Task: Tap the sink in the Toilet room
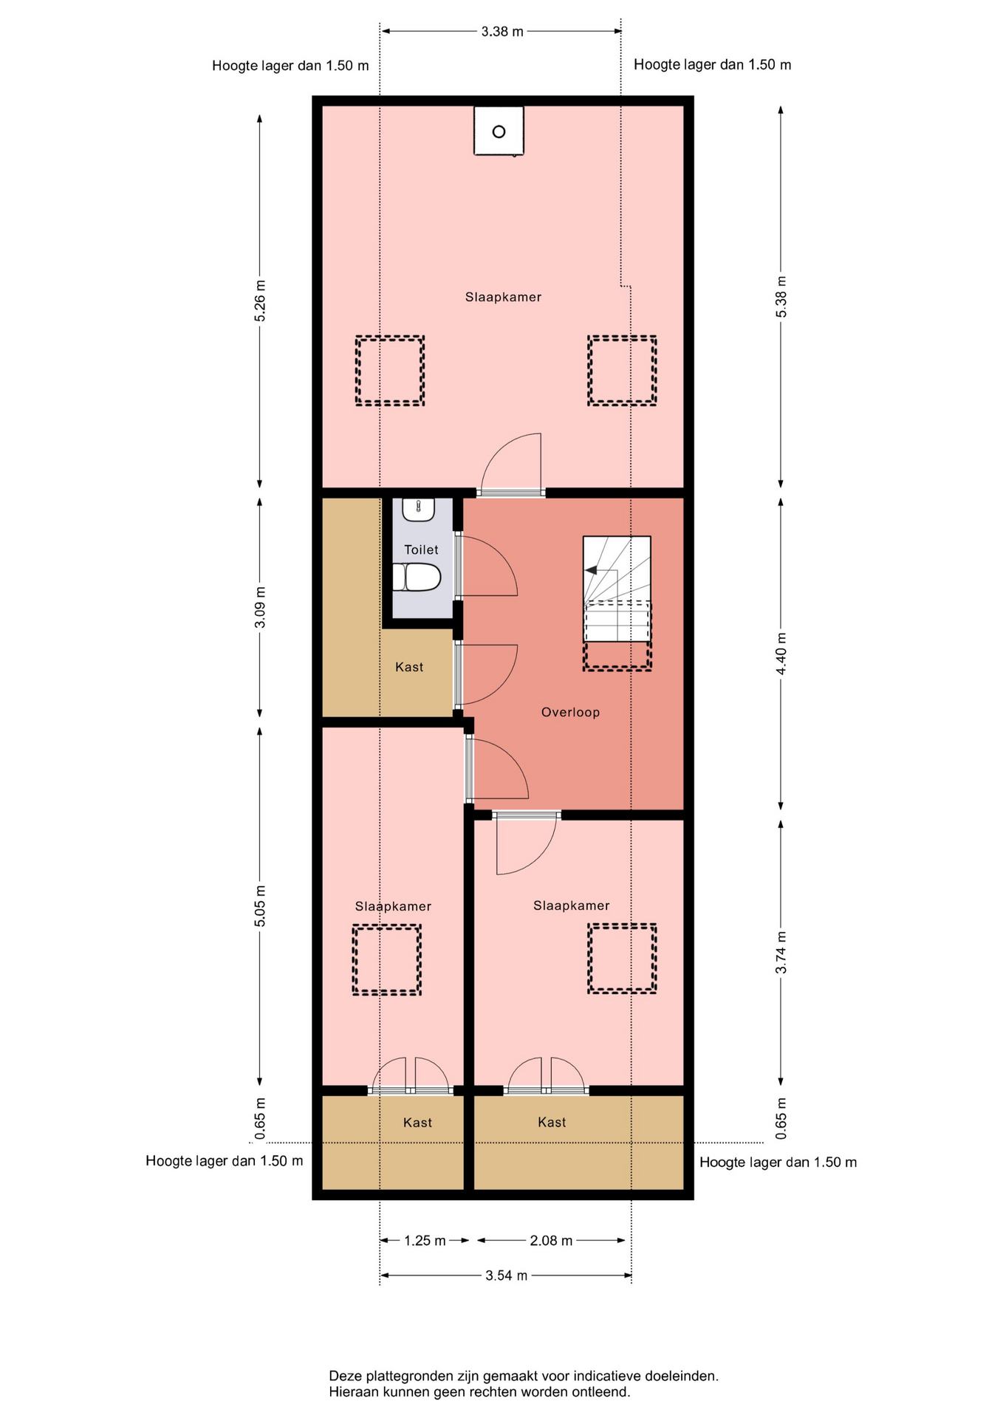click(x=419, y=510)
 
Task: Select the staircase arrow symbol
click(x=591, y=570)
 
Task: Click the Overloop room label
click(x=570, y=713)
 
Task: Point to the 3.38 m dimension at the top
click(x=502, y=31)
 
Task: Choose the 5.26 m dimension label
click(x=260, y=301)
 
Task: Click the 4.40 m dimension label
click(x=781, y=653)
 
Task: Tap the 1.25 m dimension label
click(x=425, y=1241)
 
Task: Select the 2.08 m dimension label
click(x=551, y=1241)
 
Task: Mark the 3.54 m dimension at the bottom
click(x=507, y=1275)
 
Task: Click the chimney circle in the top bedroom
click(x=499, y=132)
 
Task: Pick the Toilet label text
click(x=421, y=549)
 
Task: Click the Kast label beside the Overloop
click(x=409, y=667)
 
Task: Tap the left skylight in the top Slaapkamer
click(x=390, y=371)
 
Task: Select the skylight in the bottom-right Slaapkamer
click(x=622, y=959)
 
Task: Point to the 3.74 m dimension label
click(x=781, y=953)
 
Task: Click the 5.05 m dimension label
click(x=260, y=906)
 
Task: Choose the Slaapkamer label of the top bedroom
click(x=503, y=297)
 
